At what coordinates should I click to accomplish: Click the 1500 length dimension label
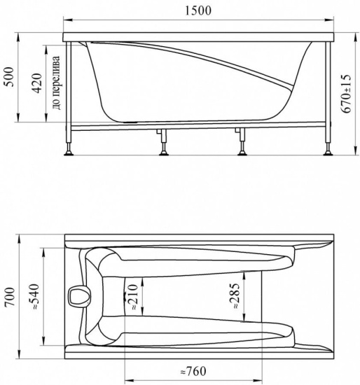(x=198, y=10)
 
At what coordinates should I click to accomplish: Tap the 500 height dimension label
(x=10, y=76)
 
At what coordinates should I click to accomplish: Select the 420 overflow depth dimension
(x=37, y=83)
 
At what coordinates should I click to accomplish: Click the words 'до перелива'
(x=56, y=83)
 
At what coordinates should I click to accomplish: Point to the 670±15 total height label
(x=346, y=94)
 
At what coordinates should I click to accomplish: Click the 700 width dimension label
(x=10, y=297)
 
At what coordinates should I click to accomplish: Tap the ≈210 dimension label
(x=132, y=297)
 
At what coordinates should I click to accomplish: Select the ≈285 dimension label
(x=234, y=295)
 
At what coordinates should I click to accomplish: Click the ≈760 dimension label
(x=193, y=371)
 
